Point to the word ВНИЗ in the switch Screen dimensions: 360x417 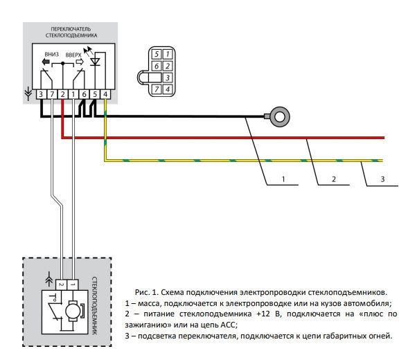50,53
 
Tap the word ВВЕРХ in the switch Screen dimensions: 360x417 73,54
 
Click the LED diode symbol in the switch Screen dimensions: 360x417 96,62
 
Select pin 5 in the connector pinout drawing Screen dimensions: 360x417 157,54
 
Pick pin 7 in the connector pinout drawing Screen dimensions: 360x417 157,89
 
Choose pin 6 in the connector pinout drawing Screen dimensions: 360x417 157,66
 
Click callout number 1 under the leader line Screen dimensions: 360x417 283,179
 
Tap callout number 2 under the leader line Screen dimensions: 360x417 333,179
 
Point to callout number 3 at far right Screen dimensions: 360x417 382,179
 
